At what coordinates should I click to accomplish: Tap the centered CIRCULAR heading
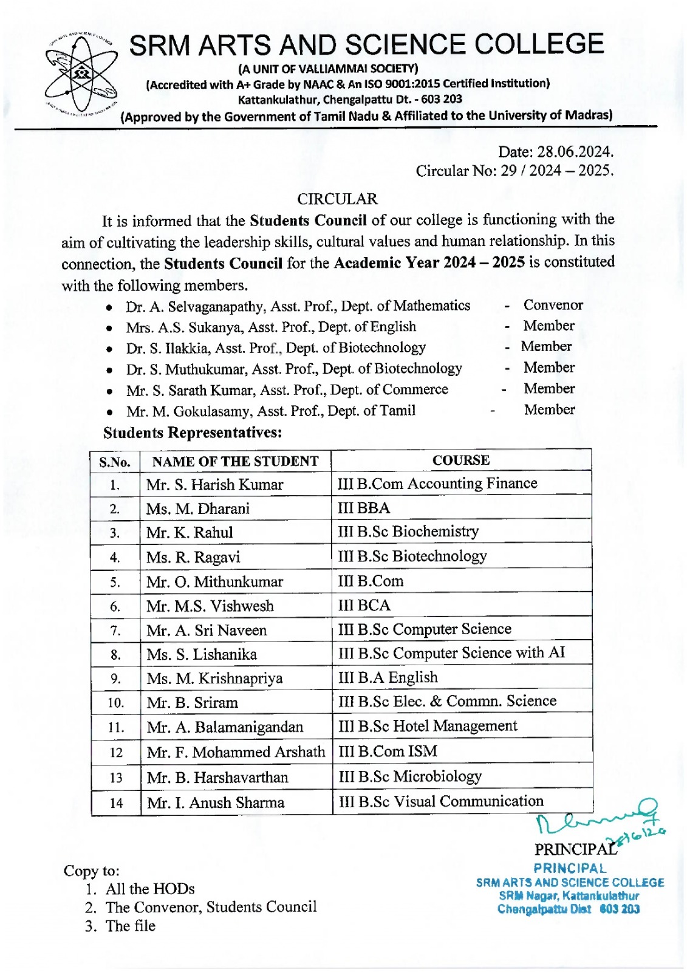337,199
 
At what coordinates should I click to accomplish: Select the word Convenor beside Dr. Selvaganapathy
553,305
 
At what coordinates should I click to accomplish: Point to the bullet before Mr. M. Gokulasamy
109,412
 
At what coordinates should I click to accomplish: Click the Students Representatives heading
193,433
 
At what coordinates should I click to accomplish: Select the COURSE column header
460,460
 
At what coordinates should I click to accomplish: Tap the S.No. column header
115,462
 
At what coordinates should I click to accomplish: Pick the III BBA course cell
364,508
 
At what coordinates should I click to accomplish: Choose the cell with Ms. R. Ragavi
193,557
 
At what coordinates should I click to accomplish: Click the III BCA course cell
364,605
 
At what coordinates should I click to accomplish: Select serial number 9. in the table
115,679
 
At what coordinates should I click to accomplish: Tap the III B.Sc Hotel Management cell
428,726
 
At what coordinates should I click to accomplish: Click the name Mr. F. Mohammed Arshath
236,752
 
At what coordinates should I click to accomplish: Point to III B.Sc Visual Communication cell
440,801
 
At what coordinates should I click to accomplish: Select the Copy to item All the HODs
150,889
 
